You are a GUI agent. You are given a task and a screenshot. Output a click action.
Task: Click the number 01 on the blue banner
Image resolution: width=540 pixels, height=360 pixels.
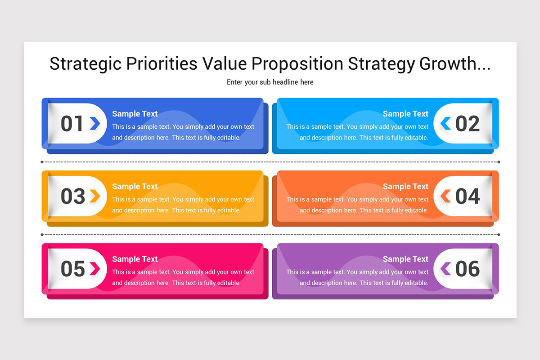click(72, 124)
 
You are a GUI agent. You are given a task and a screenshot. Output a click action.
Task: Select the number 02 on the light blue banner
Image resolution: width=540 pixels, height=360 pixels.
click(468, 124)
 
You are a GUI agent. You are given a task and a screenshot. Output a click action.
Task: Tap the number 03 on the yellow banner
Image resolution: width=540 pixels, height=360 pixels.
click(73, 196)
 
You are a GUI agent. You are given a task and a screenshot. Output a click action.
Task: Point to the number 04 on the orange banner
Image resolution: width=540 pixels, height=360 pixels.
click(468, 196)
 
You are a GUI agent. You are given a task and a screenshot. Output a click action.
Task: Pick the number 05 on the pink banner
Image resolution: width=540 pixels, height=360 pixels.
click(73, 269)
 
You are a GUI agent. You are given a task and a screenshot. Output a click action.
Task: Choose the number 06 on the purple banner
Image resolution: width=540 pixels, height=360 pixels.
click(468, 269)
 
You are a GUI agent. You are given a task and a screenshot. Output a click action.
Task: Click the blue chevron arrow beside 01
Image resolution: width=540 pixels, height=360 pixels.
click(94, 123)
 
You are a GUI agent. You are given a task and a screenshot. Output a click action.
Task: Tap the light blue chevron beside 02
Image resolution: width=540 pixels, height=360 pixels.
click(445, 123)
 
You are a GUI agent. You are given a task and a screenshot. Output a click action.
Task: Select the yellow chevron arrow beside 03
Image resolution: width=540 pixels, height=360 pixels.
click(94, 196)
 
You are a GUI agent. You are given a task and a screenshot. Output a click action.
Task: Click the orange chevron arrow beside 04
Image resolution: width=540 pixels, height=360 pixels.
click(445, 196)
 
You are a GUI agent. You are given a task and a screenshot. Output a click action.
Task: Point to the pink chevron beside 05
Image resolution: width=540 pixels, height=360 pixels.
click(94, 269)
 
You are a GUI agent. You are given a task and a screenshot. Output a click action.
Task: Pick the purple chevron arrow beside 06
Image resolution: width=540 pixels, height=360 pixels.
click(445, 269)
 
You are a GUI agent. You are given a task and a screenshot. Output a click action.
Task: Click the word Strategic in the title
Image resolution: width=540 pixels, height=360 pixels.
click(85, 64)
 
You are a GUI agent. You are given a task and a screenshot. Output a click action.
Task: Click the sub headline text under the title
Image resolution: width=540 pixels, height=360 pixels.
click(270, 82)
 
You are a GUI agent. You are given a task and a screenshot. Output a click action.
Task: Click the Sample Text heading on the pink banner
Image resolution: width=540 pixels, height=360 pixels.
click(135, 259)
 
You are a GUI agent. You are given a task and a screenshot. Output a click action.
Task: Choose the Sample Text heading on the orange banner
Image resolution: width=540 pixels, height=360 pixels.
click(405, 186)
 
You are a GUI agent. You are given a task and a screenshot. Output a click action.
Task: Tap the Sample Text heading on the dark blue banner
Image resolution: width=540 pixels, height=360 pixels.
click(135, 114)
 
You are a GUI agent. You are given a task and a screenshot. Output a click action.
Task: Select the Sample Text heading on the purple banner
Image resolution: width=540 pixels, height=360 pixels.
click(405, 259)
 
